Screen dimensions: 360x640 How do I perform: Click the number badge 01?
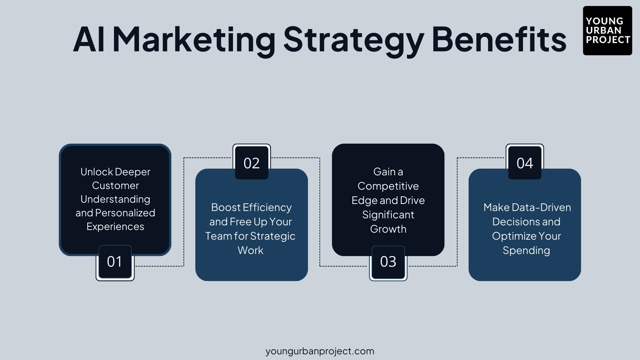(115, 262)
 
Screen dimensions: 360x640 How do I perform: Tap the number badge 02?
(251, 163)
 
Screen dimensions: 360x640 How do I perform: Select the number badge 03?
(388, 262)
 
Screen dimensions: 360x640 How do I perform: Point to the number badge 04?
(525, 163)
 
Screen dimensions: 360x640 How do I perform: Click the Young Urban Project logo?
(607, 31)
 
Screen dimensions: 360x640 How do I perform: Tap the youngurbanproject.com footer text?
(320, 351)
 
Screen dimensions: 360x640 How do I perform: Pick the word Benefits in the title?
(499, 39)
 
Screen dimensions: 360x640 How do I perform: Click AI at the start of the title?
(89, 39)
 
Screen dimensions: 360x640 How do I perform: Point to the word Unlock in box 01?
(96, 172)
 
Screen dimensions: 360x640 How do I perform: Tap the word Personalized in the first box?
(125, 213)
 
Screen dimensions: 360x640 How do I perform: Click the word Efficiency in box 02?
(267, 207)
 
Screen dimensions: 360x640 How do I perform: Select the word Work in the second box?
(250, 250)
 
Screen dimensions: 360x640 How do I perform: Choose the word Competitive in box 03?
(388, 186)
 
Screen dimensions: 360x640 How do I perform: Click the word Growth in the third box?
(388, 229)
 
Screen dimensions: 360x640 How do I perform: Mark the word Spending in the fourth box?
(526, 250)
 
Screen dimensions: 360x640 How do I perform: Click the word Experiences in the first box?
(115, 227)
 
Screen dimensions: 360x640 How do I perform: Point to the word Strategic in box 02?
(273, 236)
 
